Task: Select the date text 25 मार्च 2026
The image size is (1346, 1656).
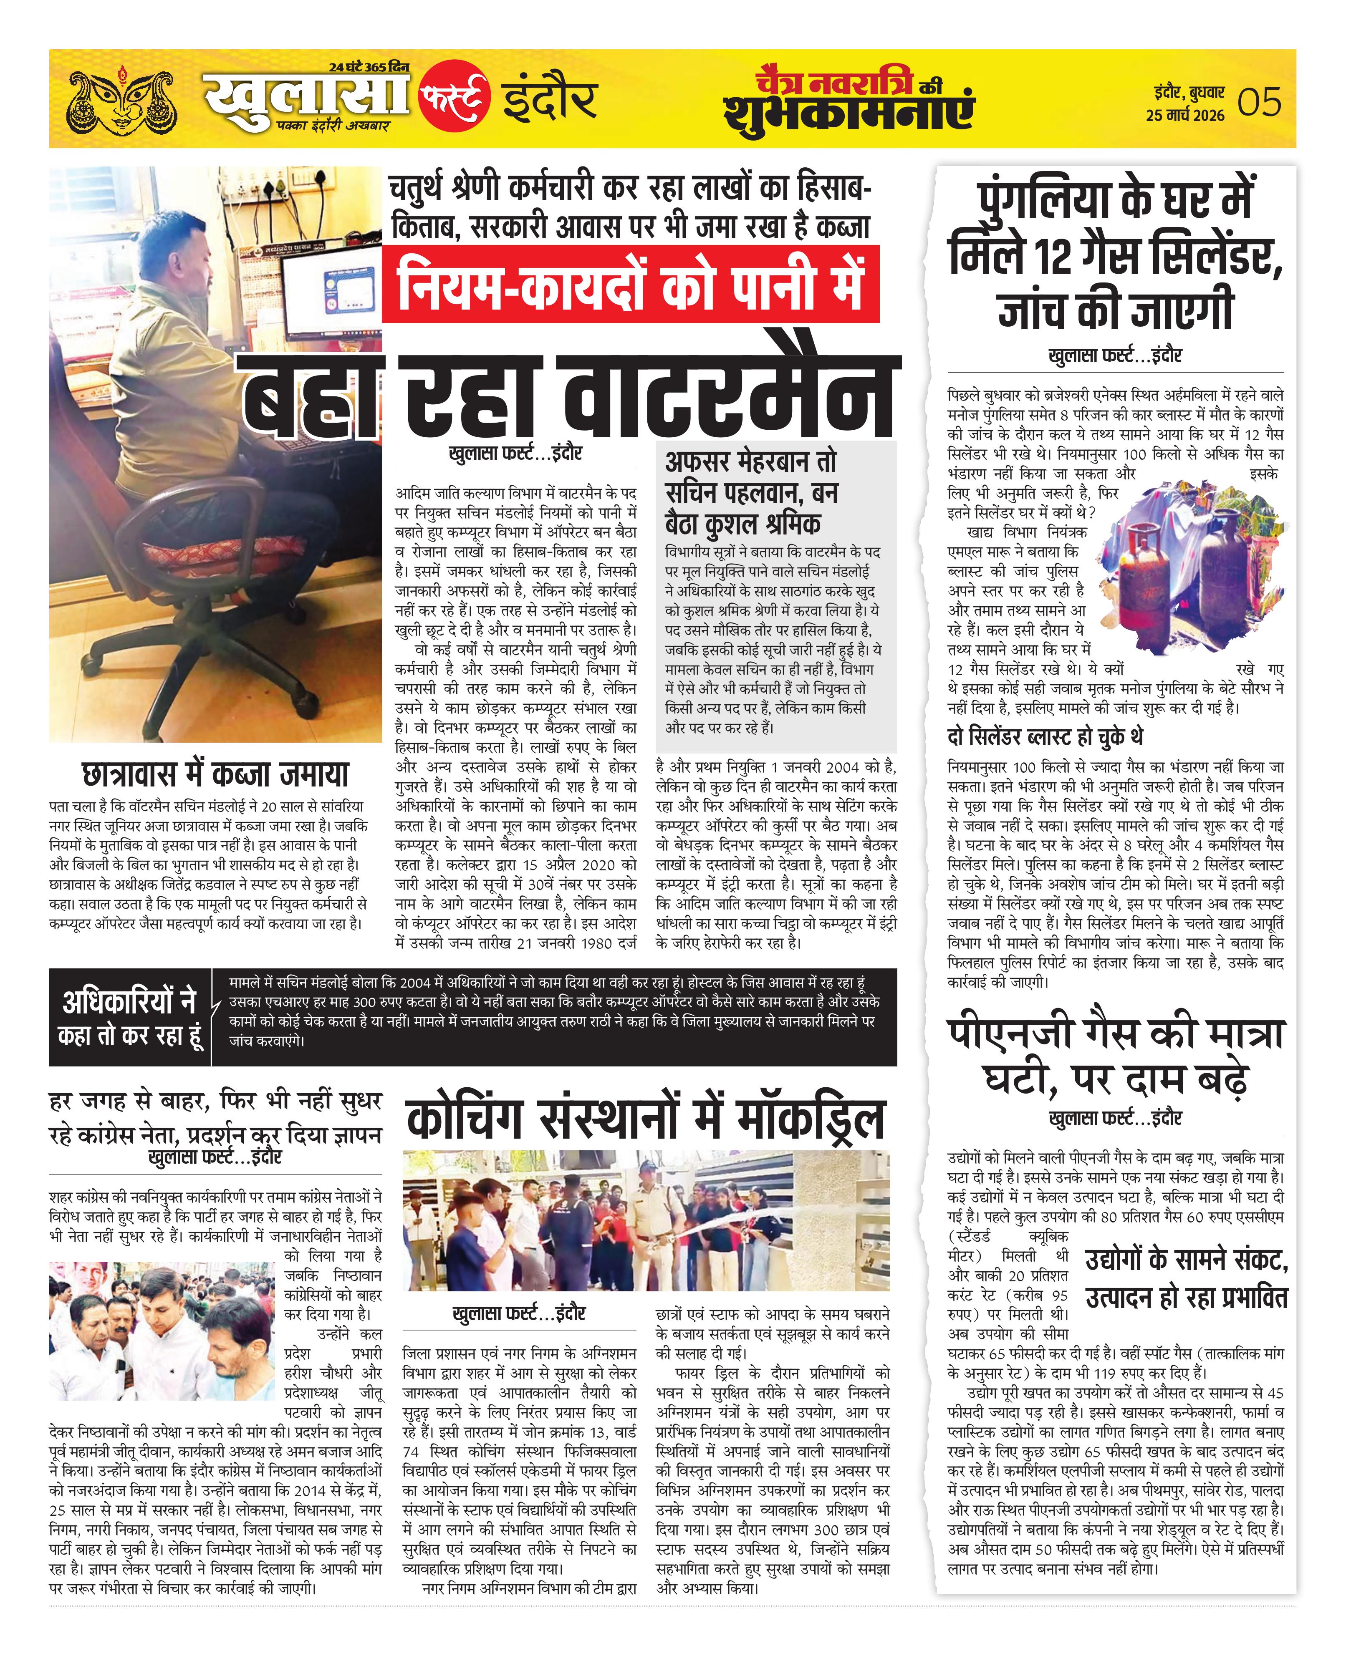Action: coord(1185,116)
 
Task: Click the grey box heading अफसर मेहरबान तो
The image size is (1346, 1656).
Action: coord(750,462)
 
